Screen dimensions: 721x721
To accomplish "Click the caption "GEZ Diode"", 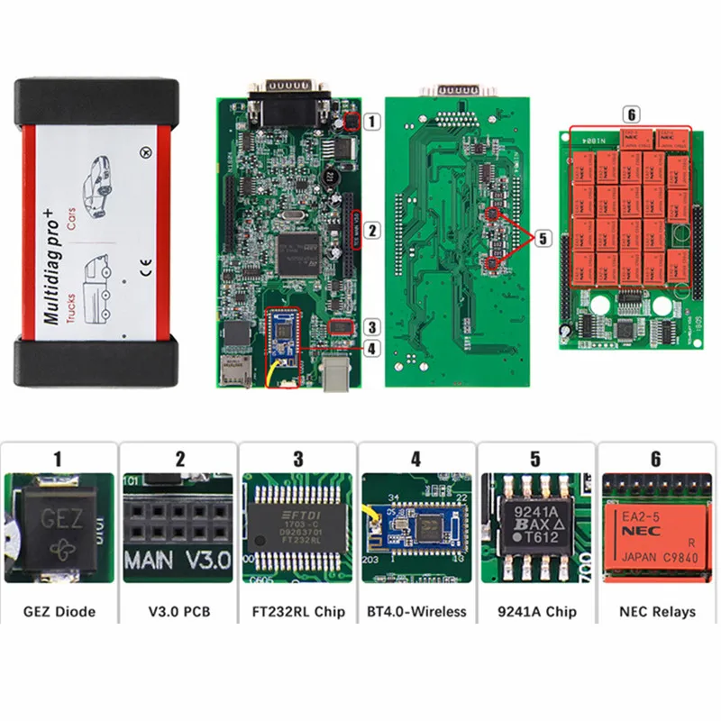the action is click(59, 612).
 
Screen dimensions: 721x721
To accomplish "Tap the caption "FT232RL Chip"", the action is click(297, 612).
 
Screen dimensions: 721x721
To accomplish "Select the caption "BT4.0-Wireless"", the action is click(416, 612).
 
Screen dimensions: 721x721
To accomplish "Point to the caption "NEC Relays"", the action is click(657, 612).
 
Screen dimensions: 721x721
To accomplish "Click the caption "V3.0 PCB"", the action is click(178, 612).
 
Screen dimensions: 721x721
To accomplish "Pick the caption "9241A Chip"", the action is click(537, 612).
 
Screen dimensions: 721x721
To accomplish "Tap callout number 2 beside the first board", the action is click(372, 230).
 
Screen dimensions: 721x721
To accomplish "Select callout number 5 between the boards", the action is click(543, 238).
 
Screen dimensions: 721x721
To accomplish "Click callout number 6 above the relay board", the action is click(631, 114).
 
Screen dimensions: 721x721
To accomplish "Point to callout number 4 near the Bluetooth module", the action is click(372, 346).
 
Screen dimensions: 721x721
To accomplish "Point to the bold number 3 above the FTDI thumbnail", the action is click(298, 459).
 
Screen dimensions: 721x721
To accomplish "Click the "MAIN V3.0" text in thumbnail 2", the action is click(178, 559).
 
